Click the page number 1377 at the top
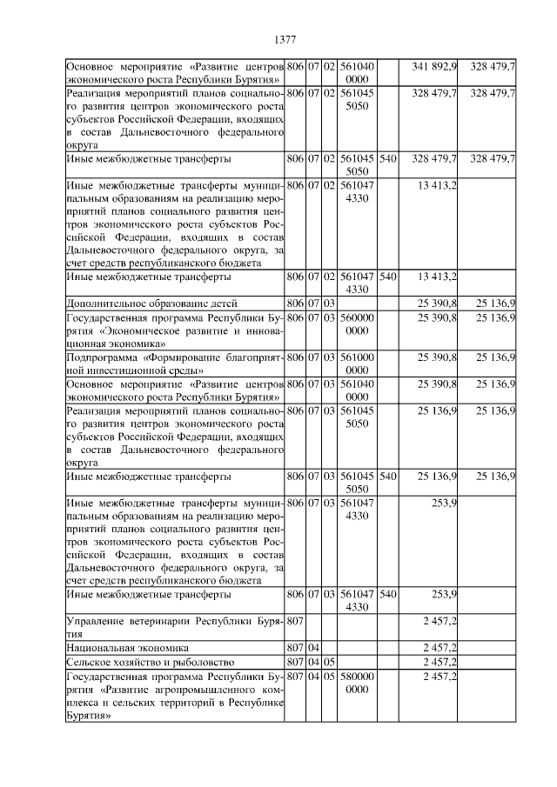(285, 39)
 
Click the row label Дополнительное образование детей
(139, 302)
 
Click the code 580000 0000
(358, 682)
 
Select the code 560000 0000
(358, 323)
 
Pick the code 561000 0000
(358, 363)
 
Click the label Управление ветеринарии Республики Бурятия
(175, 626)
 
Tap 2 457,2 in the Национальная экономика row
(440, 647)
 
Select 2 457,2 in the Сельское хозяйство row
(440, 661)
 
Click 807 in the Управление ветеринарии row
(294, 620)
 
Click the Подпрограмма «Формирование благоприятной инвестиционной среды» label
(175, 363)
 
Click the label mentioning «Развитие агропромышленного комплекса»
(175, 696)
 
